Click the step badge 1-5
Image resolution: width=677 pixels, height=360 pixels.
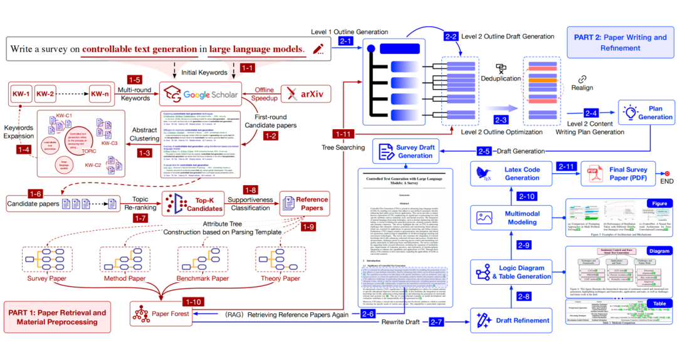click(135, 80)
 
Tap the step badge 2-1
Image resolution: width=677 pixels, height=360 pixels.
click(345, 41)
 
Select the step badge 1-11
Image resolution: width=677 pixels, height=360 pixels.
click(344, 134)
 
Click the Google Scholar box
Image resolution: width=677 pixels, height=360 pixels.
click(201, 94)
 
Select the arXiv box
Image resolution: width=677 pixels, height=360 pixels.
click(308, 94)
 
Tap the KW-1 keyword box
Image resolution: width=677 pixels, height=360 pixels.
click(21, 94)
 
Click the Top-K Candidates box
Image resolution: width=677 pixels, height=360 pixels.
click(193, 204)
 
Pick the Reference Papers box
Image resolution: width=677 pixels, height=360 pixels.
click(305, 204)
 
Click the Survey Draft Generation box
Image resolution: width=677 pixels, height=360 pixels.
click(406, 151)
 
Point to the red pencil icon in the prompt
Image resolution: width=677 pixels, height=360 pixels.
click(318, 49)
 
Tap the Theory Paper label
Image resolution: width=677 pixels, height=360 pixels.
click(280, 278)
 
